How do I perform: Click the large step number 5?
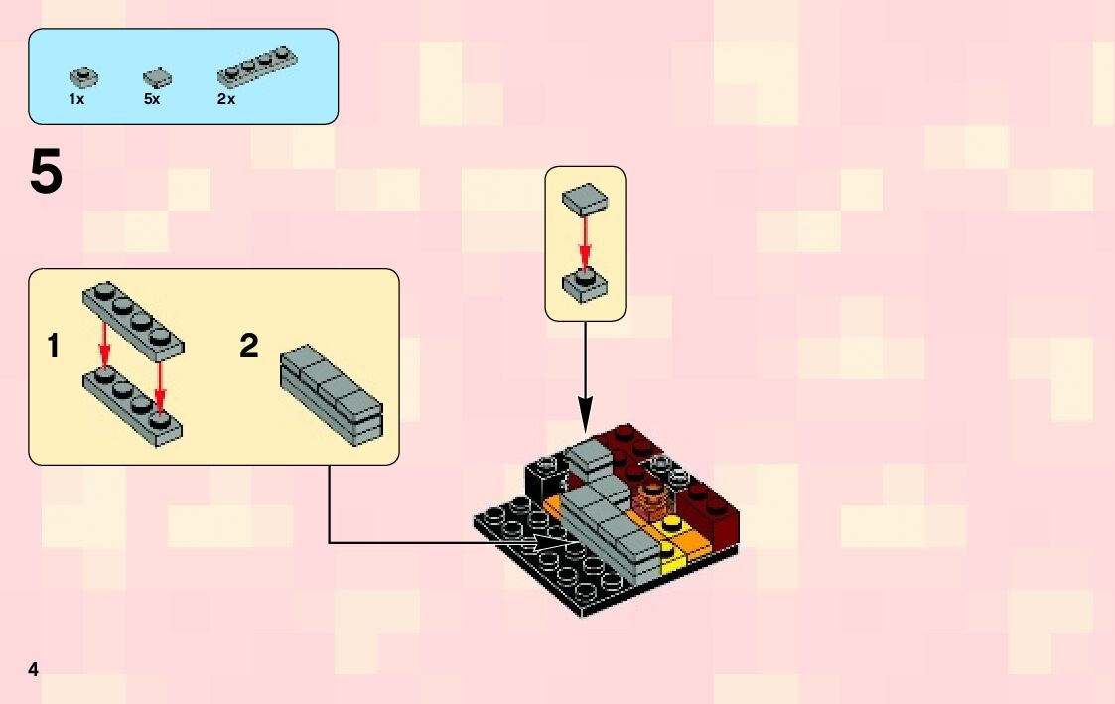(x=47, y=173)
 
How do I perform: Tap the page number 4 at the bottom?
(x=34, y=669)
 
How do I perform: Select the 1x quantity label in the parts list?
(x=76, y=99)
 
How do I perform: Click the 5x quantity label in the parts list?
(x=151, y=99)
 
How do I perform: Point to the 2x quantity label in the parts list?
(x=226, y=99)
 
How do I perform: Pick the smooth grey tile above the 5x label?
(x=156, y=75)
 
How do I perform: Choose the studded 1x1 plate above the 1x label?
(x=83, y=74)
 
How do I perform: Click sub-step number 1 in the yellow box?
(x=54, y=347)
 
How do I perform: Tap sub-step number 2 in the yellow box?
(x=248, y=347)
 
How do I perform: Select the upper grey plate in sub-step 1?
(x=133, y=318)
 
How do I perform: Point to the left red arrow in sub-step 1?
(x=103, y=340)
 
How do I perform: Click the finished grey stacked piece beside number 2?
(x=332, y=395)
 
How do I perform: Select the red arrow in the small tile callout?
(x=585, y=243)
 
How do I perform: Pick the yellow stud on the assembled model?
(x=673, y=522)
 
